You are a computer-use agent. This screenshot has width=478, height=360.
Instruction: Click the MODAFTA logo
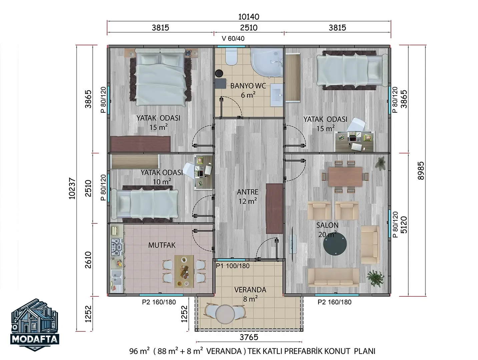35,325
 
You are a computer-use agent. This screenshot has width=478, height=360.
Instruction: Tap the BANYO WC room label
248,86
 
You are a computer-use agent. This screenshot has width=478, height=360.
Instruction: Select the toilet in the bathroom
231,56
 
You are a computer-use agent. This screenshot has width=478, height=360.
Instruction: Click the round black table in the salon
335,244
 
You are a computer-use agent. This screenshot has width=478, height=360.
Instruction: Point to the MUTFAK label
162,245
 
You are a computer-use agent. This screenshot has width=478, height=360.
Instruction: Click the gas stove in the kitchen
117,247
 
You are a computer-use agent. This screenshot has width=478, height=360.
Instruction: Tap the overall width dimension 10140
249,17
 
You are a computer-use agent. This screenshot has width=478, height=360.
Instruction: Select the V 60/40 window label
233,39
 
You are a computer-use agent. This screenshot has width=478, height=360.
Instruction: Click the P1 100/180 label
232,266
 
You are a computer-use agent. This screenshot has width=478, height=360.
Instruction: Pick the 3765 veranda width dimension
249,337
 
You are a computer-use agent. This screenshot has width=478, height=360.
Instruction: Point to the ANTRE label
248,192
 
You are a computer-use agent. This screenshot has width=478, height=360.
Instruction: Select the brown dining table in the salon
345,177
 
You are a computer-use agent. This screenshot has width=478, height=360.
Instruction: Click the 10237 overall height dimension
72,189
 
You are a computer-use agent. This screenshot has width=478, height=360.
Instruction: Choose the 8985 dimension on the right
421,171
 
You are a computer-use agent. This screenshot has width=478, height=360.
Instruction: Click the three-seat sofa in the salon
334,277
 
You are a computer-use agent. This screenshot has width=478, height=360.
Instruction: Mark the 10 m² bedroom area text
161,181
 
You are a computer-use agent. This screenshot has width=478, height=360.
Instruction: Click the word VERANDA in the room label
250,290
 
